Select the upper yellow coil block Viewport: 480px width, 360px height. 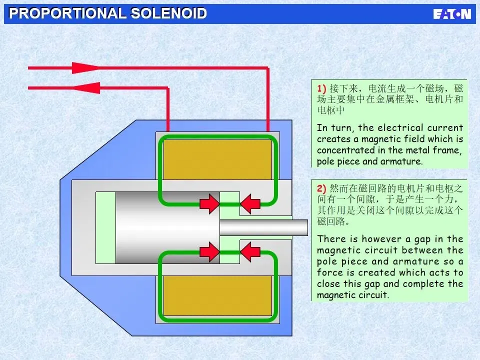pyautogui.click(x=217, y=158)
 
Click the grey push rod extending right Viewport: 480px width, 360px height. pyautogui.click(x=263, y=227)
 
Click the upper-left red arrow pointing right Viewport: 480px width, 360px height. pyautogui.click(x=209, y=203)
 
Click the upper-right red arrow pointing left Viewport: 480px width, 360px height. pyautogui.click(x=250, y=203)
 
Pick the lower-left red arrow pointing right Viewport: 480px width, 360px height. pyautogui.click(x=209, y=251)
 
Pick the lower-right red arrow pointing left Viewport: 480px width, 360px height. pyautogui.click(x=250, y=251)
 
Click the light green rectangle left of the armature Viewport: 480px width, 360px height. pyautogui.click(x=105, y=227)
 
